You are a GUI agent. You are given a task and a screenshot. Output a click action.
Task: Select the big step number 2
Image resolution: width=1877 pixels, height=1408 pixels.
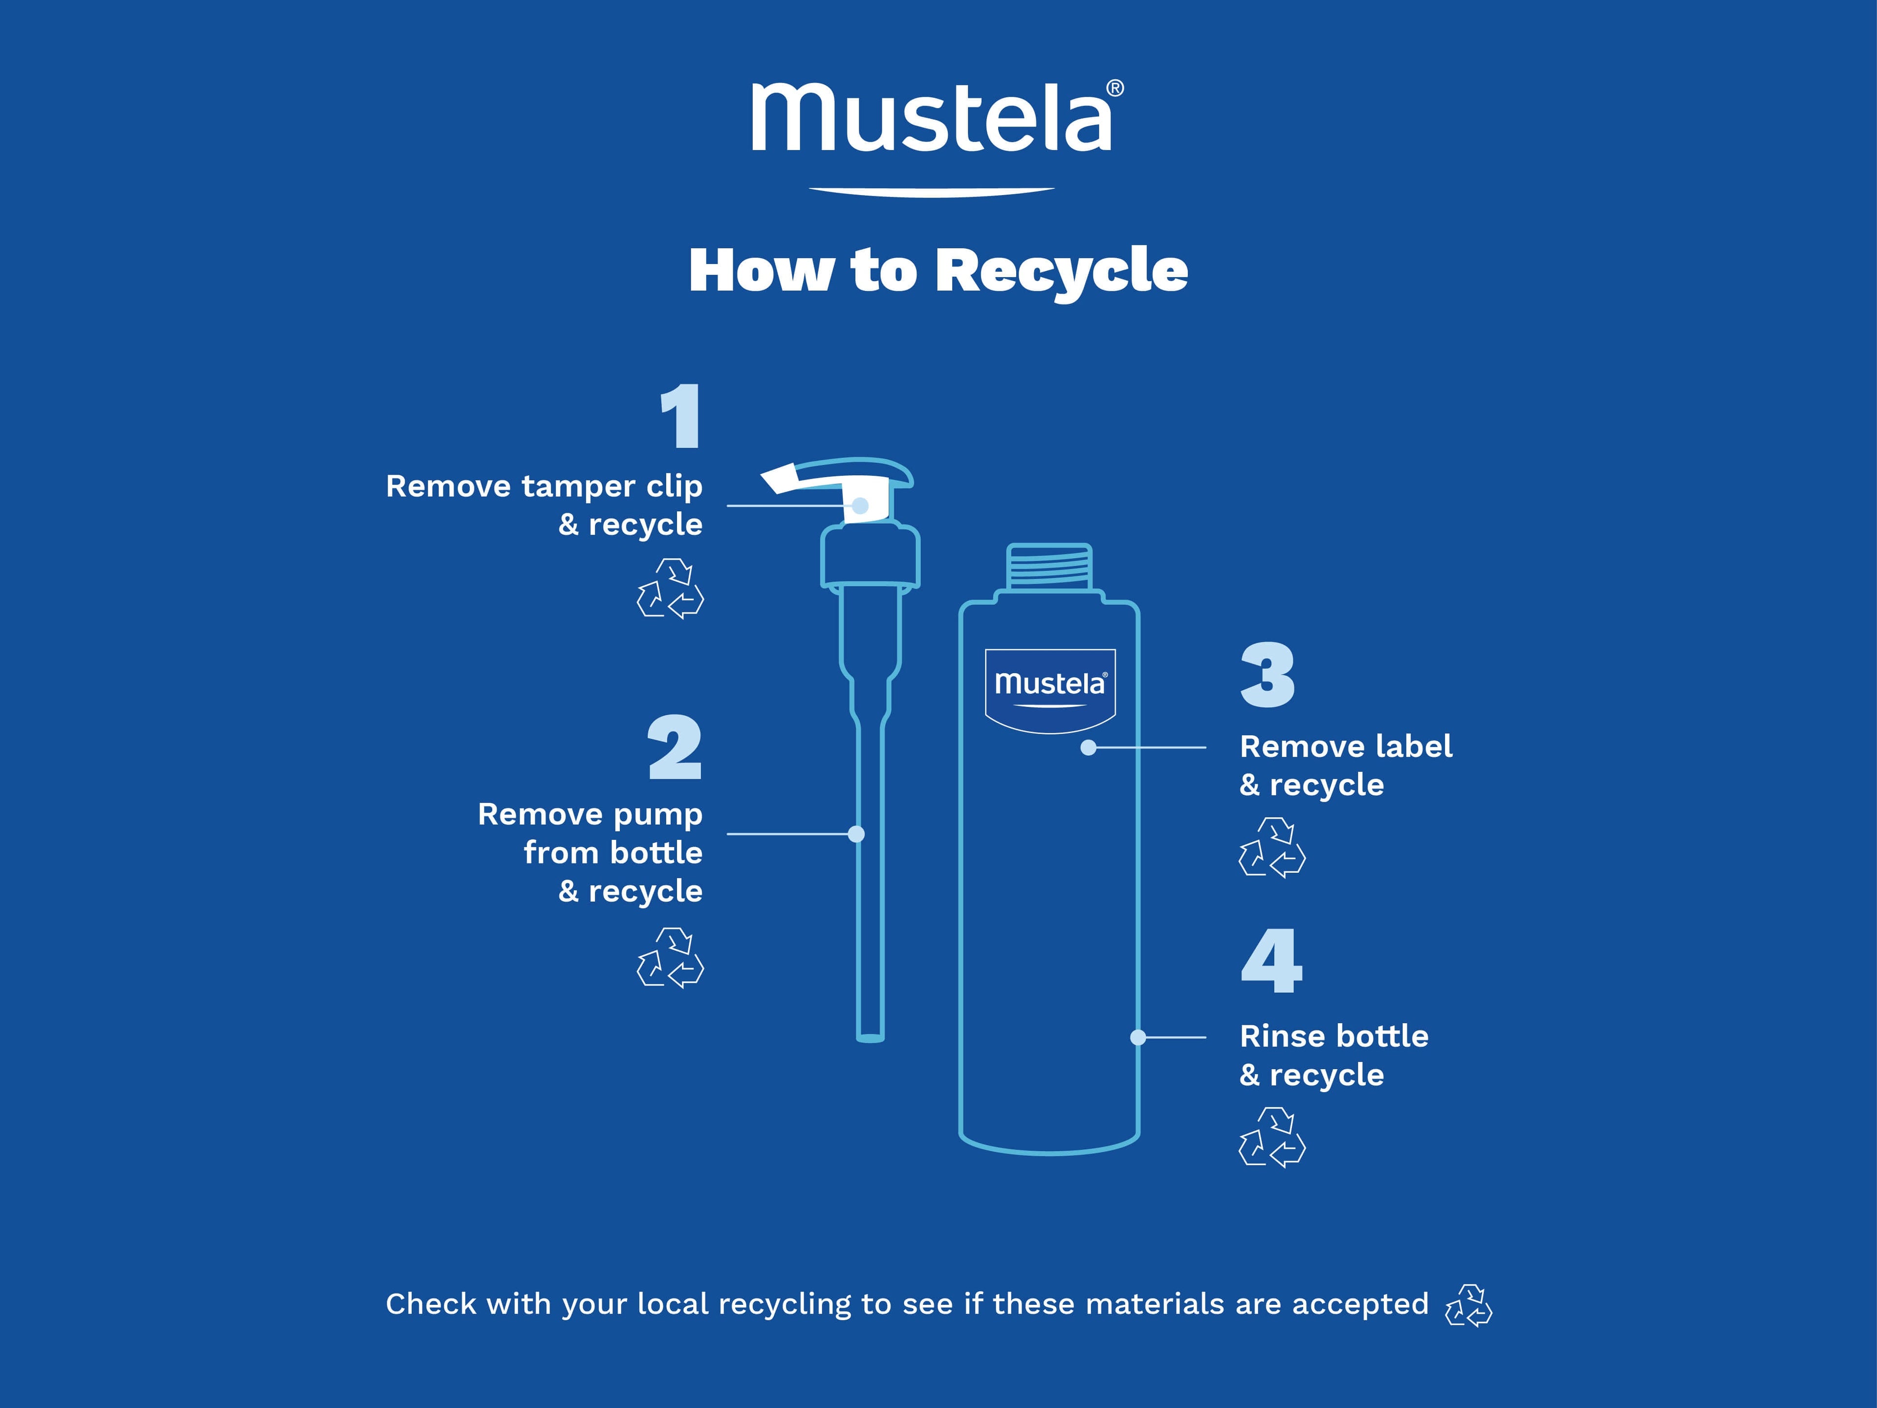click(x=675, y=747)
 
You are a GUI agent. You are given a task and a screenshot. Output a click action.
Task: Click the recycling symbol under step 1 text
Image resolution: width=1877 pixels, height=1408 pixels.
click(x=670, y=588)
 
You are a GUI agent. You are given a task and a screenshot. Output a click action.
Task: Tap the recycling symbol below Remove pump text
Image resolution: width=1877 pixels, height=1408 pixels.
click(x=670, y=958)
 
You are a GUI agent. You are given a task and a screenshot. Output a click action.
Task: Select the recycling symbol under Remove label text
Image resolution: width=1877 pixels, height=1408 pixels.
click(x=1272, y=847)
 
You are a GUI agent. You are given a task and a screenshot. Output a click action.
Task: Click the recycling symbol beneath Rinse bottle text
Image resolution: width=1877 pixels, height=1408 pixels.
click(x=1272, y=1137)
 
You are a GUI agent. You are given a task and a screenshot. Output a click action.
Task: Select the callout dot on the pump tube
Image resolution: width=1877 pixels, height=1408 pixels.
click(x=856, y=834)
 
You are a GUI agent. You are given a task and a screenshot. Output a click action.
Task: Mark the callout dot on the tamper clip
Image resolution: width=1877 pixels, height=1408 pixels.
click(x=860, y=506)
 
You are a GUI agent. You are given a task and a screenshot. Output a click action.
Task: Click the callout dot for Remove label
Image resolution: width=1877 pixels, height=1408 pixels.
click(x=1089, y=748)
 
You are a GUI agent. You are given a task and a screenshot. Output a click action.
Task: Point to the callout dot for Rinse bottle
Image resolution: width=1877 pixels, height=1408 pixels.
click(x=1139, y=1037)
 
